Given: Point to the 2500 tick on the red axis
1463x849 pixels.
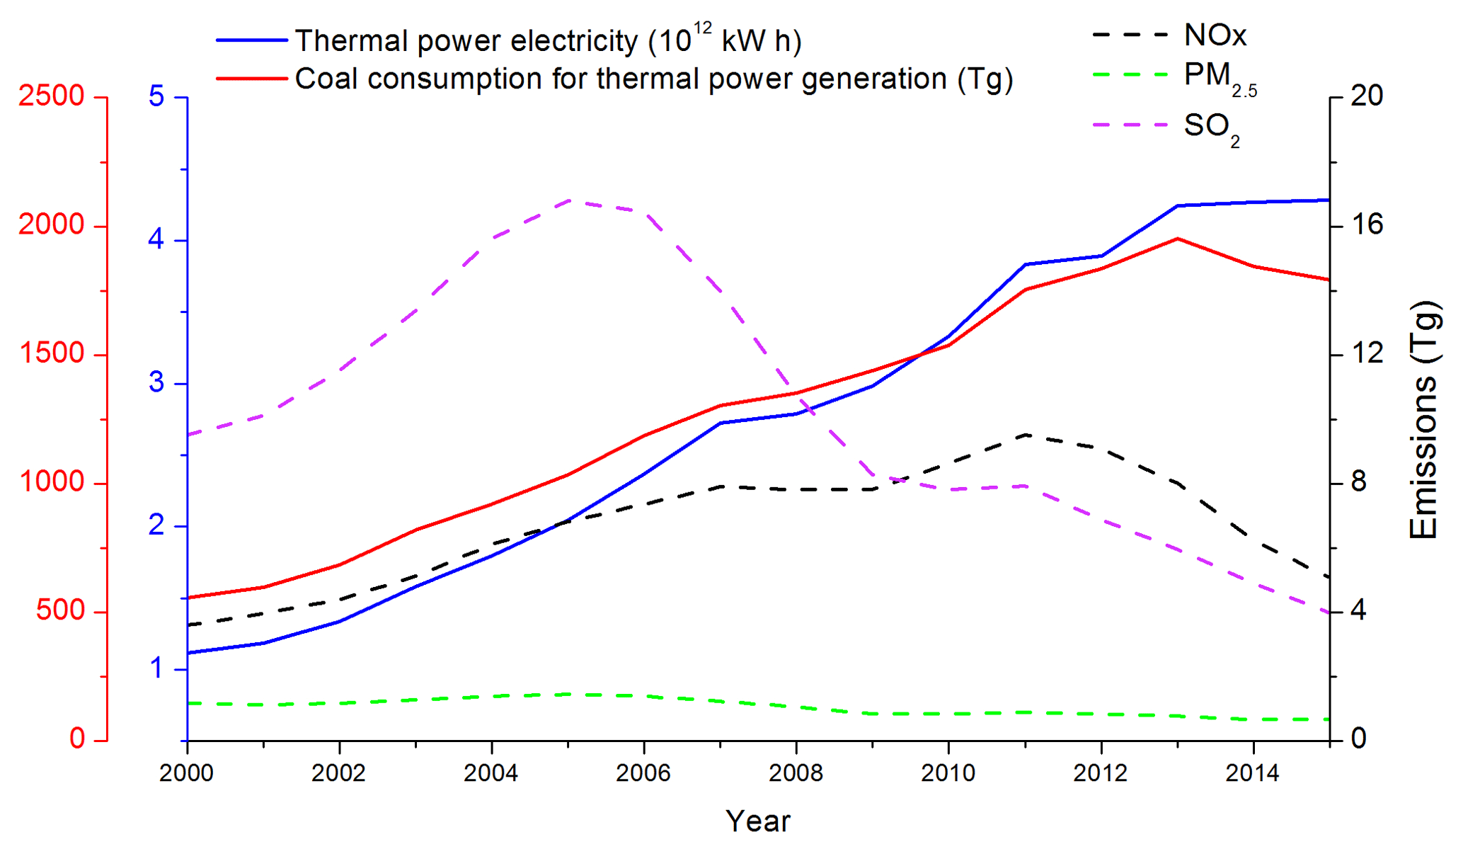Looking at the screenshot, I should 52,96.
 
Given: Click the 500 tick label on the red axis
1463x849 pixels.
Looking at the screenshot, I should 60,611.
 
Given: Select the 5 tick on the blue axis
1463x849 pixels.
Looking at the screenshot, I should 156,96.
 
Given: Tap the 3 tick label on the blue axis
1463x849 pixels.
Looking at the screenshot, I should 156,382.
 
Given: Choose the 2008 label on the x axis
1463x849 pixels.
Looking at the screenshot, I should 796,773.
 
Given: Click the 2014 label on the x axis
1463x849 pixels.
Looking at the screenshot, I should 1253,773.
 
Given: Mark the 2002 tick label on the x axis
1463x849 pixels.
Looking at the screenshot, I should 339,773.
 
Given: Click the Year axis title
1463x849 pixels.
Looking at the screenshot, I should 758,821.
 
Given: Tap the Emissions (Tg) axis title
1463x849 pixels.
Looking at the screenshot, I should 1423,420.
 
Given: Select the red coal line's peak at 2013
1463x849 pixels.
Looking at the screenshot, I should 1178,239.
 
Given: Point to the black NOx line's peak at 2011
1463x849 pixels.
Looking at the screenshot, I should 1025,434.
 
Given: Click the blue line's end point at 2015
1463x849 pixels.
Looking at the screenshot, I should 1329,200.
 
